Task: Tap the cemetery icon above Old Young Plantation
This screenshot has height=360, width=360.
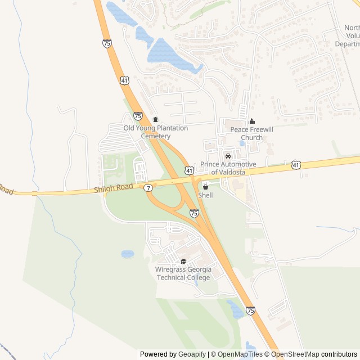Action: (156, 119)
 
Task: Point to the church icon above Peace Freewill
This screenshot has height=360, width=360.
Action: (251, 121)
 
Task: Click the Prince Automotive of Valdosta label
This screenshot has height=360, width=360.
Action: (228, 168)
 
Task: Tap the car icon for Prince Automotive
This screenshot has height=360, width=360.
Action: (228, 156)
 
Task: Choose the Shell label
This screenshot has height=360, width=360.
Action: (205, 195)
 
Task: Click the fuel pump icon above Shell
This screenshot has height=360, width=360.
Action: (205, 186)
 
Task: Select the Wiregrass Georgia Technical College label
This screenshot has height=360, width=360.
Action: (183, 273)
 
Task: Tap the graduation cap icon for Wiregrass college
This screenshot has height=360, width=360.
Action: (183, 262)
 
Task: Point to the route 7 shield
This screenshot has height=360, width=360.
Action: (148, 187)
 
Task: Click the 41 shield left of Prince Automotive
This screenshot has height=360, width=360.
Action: (190, 170)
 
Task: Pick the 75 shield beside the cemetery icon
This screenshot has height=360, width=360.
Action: (138, 116)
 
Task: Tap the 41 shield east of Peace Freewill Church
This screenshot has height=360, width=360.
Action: (296, 165)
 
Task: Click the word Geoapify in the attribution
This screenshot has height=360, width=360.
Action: (192, 354)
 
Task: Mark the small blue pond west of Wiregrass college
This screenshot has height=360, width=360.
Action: (128, 254)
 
